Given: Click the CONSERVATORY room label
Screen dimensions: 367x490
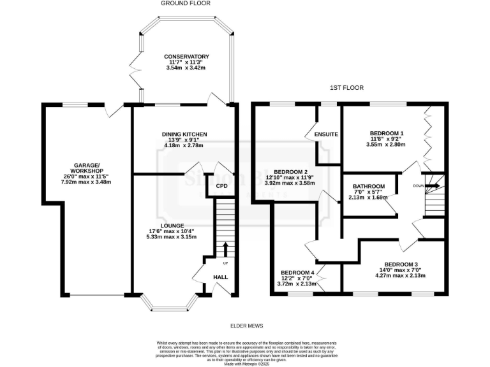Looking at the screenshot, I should pos(186,56).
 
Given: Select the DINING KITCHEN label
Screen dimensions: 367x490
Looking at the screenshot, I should pos(186,134).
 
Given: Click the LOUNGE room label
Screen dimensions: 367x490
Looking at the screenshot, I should pos(172,226).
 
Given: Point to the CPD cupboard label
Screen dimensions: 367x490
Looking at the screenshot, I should pos(221,186).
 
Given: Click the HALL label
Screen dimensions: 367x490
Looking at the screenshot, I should pos(221,278).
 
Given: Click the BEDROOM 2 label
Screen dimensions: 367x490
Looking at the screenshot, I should pos(291,172).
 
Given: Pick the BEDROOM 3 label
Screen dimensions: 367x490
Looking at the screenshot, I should pos(401,264).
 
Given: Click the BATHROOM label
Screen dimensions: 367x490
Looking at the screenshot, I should pos(369,186).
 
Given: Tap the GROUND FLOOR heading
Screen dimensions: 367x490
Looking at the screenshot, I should pos(186,4).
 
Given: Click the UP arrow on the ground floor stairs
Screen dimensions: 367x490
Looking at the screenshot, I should pos(225,248).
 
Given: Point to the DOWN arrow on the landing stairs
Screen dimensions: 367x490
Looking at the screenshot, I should pos(433,186).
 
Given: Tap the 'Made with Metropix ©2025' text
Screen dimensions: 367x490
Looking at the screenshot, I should pos(245,363).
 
